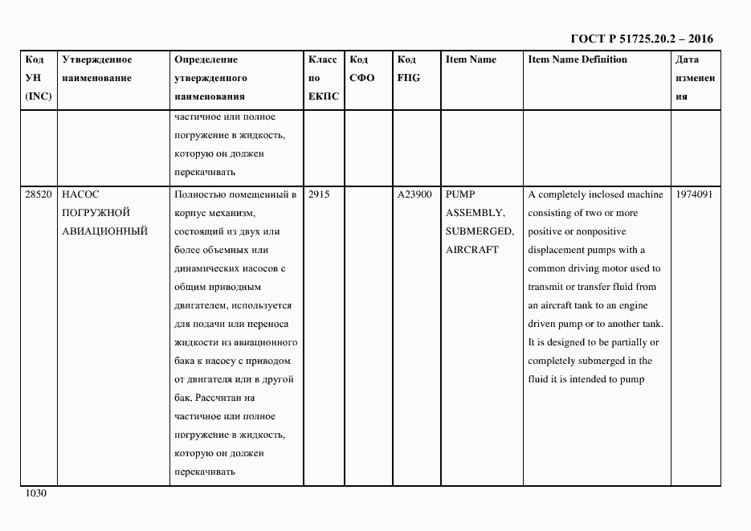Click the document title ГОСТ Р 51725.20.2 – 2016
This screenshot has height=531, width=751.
coord(641,39)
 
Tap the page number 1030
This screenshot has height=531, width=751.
coord(36,493)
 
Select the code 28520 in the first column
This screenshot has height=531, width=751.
coord(38,194)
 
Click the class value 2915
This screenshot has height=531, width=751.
coord(320,194)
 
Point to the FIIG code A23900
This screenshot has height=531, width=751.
coord(414,194)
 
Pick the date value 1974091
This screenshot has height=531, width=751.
coord(695,194)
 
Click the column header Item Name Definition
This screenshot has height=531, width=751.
coord(578,59)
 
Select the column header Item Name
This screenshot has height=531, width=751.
coord(471,59)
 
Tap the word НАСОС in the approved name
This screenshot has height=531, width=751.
coord(80,194)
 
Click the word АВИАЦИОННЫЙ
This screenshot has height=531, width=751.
coord(104,231)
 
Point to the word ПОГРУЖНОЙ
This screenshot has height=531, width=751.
coord(96,213)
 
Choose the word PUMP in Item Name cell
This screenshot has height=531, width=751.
coord(460,194)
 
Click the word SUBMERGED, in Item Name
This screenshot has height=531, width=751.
coord(480,231)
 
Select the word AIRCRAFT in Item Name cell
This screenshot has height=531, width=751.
coord(471,250)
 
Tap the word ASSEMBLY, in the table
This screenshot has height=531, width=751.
coord(475,213)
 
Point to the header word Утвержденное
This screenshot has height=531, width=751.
coord(96,59)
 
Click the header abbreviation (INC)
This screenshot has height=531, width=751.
coord(38,96)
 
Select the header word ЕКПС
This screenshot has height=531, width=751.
coord(324,96)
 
